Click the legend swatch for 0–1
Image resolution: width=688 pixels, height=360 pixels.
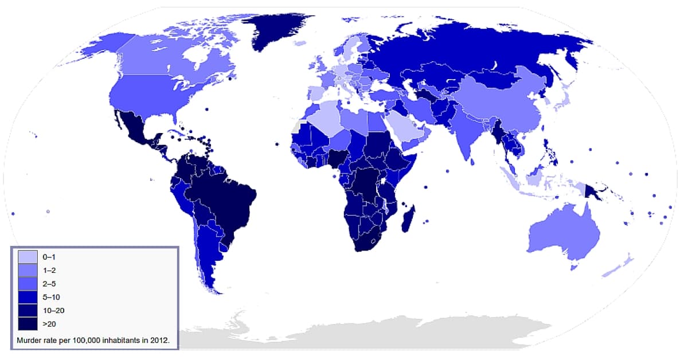click(27, 257)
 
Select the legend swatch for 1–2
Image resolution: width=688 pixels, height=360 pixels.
click(27, 271)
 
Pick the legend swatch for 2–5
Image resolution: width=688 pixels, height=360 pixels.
click(27, 284)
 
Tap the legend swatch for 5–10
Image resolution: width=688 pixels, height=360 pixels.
click(27, 298)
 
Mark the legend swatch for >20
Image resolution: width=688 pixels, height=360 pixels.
click(27, 325)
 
